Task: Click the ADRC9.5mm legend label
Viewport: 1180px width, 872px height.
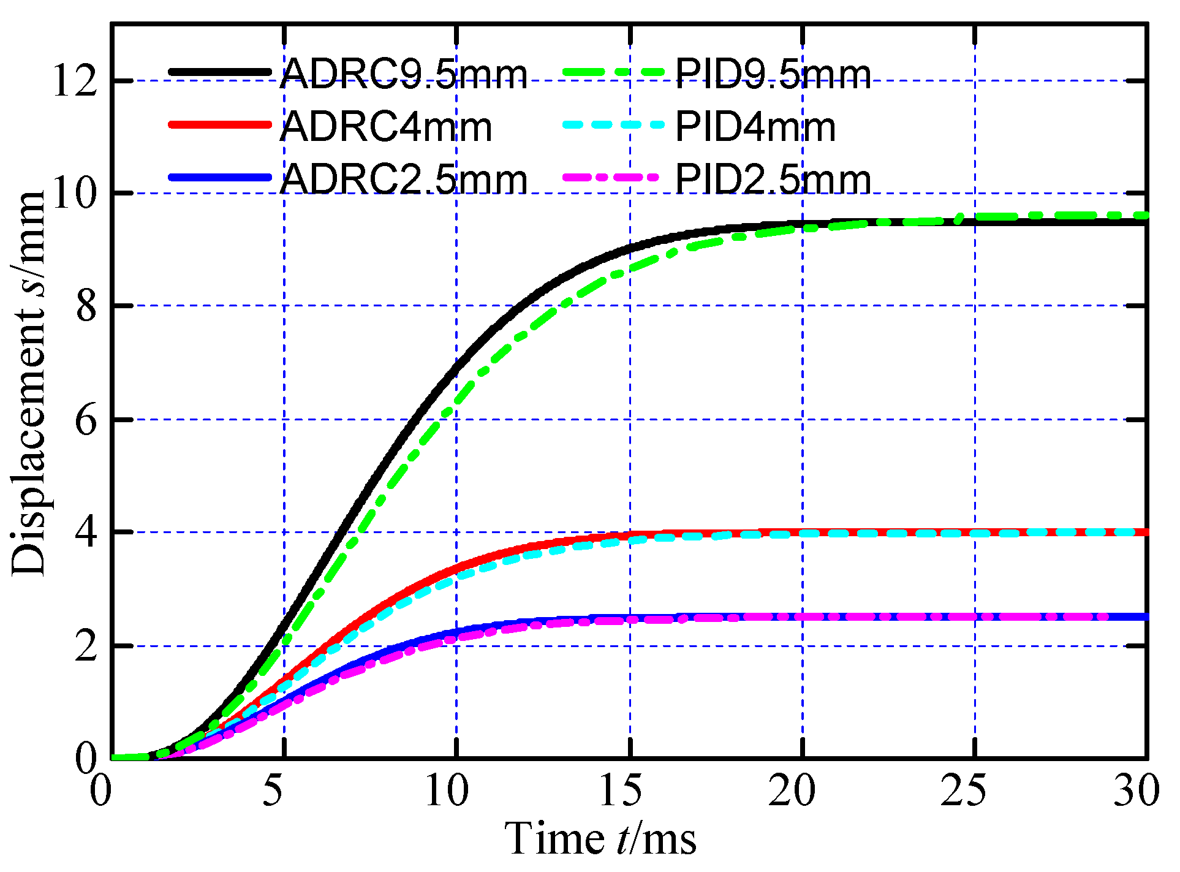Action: pos(403,75)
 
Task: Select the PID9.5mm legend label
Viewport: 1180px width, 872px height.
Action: pos(773,75)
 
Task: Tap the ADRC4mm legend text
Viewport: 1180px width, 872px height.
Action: pos(386,127)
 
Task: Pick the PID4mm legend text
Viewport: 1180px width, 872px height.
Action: pos(755,127)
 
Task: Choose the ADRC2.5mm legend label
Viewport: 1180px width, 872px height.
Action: pos(403,180)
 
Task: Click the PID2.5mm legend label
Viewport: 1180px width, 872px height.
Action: pos(773,180)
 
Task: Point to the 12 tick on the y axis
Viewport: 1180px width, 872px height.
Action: pos(75,81)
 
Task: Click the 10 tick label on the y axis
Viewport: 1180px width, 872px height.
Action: pos(75,194)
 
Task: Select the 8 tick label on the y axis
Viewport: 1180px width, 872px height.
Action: pos(86,306)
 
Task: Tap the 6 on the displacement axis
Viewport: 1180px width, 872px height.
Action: pos(86,420)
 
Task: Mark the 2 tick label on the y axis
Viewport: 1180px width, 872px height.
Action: pos(86,646)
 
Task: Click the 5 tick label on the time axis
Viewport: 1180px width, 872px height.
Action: pos(273,790)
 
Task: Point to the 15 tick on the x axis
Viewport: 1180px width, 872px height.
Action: pos(620,790)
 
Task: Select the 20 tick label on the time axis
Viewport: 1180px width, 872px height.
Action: pos(792,790)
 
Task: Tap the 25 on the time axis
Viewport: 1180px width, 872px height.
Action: pos(964,790)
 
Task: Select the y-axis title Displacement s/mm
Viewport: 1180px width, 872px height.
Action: pos(29,383)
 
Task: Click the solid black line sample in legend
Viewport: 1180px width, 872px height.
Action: pos(219,72)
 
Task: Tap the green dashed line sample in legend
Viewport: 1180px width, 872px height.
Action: pos(613,72)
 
